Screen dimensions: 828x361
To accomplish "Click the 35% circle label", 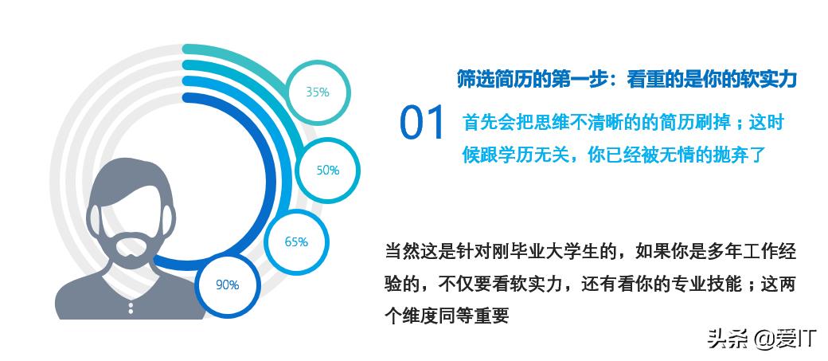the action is click(318, 92).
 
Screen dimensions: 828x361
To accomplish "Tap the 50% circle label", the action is click(328, 171).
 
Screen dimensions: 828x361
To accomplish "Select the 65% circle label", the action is click(296, 241).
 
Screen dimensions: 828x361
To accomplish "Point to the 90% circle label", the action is click(228, 284).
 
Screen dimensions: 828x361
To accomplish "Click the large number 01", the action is click(422, 124).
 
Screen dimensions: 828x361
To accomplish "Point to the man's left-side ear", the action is click(95, 222).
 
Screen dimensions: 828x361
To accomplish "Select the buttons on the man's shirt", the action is click(131, 307).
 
